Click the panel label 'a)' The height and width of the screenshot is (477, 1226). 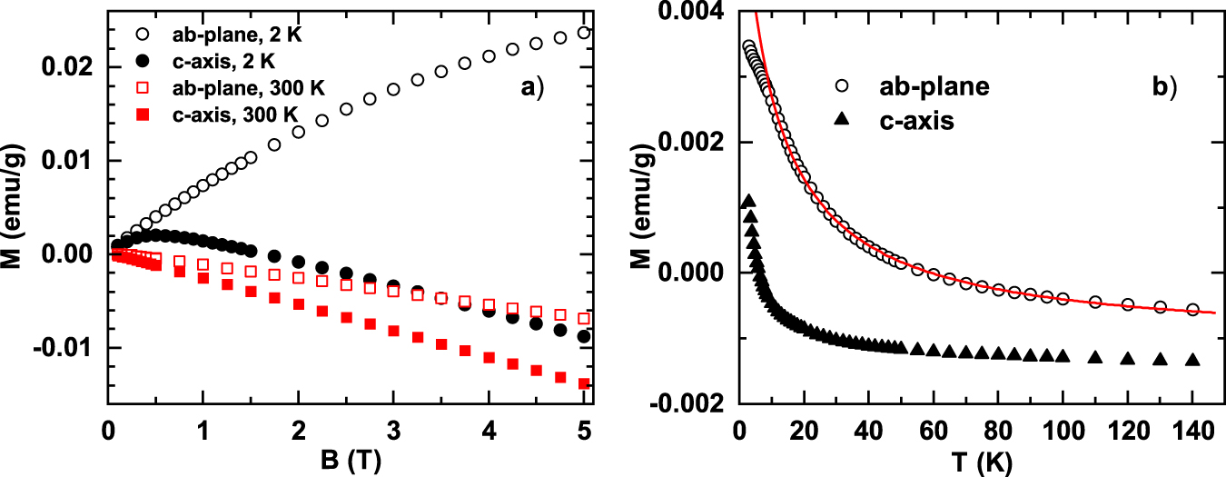(531, 88)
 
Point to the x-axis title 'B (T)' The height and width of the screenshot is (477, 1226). (346, 459)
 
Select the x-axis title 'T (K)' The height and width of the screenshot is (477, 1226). (975, 459)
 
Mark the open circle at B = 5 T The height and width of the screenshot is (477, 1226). (583, 33)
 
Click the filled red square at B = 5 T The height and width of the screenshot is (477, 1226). (583, 383)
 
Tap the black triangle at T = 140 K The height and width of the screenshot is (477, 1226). (1192, 361)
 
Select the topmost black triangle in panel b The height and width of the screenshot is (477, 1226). (748, 201)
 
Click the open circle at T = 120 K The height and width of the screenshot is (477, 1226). (1127, 304)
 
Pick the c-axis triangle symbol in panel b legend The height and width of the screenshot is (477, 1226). (841, 119)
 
